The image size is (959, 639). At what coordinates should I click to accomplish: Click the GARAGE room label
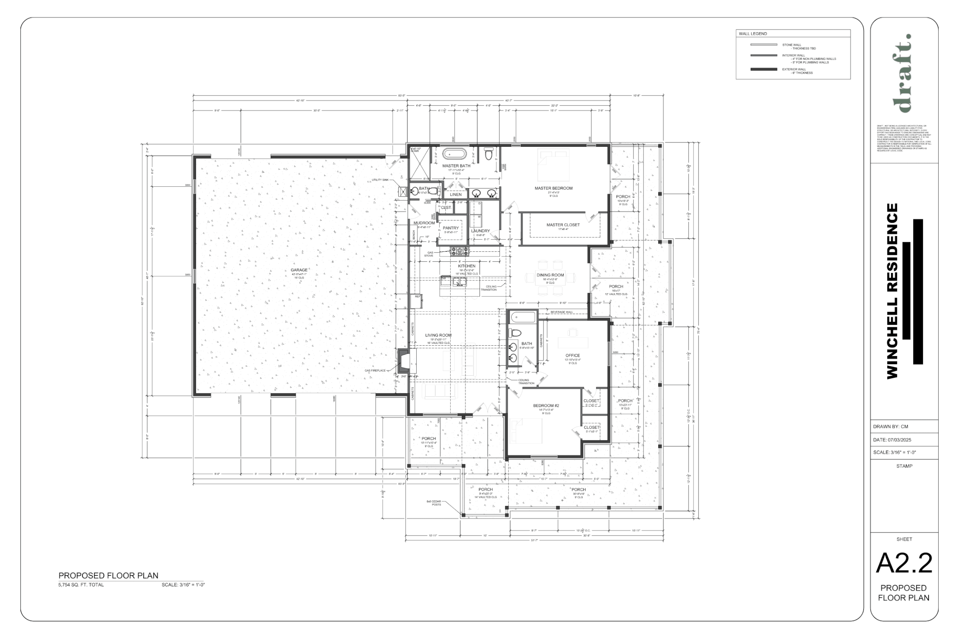pos(299,270)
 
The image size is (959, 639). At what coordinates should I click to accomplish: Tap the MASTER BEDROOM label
pos(553,188)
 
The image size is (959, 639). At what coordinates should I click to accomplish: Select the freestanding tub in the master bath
pos(454,154)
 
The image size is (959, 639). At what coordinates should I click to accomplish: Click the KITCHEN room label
pos(466,266)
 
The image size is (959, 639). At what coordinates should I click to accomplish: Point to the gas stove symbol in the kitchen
pos(460,251)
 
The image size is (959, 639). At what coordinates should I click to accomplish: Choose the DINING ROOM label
pos(550,275)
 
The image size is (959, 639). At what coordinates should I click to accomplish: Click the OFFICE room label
pos(572,356)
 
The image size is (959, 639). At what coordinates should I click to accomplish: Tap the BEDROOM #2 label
pos(546,406)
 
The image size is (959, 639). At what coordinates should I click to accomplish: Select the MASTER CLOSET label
pos(563,225)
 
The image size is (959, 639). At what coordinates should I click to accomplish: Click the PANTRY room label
pos(451,228)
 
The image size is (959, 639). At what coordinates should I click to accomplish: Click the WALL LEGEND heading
pos(753,34)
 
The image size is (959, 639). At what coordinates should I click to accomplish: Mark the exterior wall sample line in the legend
pos(763,69)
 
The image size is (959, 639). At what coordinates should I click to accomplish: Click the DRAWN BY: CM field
pos(890,427)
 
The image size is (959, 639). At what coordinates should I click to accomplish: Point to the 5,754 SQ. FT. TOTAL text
pos(81,585)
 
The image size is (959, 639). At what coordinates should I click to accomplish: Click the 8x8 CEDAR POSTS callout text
pos(434,503)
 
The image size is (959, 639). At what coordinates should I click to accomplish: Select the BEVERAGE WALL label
pos(562,312)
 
